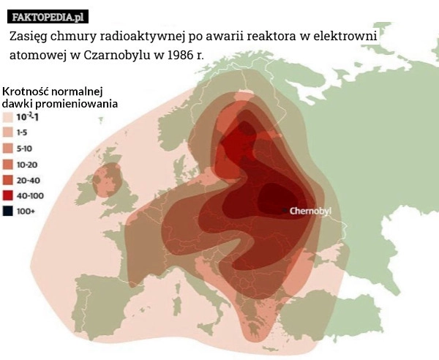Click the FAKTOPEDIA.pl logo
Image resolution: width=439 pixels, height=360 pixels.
point(48,16)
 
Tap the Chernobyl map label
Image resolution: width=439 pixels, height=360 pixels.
point(311,211)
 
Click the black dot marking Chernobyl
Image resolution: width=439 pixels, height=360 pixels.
point(285,211)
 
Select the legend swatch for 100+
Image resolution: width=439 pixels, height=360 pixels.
point(8,211)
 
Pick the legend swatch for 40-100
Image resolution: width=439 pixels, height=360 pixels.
point(8,195)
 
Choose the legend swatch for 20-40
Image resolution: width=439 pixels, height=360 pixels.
point(8,179)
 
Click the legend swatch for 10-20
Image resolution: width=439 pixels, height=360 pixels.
point(8,163)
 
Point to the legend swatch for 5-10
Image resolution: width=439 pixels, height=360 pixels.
point(8,148)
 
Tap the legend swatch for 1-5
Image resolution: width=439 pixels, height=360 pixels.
point(8,132)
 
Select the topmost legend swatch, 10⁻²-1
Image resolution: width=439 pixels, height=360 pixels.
point(8,116)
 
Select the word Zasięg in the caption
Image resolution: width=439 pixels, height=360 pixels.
point(29,35)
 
